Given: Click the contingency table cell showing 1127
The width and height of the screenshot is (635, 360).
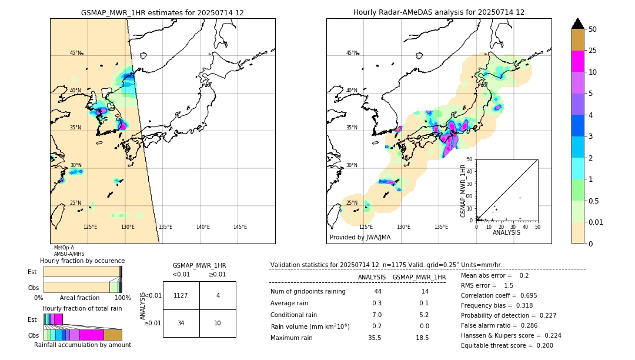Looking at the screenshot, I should (181, 295).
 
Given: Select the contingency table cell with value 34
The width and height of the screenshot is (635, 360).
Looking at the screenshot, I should (181, 323).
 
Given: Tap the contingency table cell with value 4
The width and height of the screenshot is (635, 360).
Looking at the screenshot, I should (218, 295).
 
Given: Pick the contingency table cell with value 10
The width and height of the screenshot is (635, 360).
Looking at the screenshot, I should (218, 323).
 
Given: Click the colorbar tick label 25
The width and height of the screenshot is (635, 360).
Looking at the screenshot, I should (593, 51).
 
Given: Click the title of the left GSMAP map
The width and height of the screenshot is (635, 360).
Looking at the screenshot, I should (162, 12).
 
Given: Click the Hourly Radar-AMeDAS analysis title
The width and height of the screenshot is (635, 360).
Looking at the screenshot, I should (439, 12).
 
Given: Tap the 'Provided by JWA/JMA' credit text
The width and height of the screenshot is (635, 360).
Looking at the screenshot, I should (360, 237).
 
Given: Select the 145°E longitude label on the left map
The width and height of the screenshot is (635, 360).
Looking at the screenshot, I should (240, 227).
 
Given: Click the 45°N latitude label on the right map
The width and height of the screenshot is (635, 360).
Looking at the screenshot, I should (352, 53).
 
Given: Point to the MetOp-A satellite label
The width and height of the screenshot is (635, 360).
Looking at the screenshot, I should (63, 248).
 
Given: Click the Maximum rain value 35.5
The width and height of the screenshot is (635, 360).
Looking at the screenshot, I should (374, 338).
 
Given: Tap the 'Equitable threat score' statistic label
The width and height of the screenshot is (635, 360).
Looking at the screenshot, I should (497, 345).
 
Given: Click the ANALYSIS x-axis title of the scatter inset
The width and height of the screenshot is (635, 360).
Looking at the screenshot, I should (506, 232).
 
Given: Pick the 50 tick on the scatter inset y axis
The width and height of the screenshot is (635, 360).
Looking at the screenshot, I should (469, 159).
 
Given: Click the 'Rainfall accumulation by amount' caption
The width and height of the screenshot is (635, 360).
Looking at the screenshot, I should (82, 345).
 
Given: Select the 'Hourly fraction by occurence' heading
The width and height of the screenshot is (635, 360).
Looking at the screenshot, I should (82, 261).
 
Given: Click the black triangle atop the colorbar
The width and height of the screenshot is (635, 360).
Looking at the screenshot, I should (577, 24).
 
